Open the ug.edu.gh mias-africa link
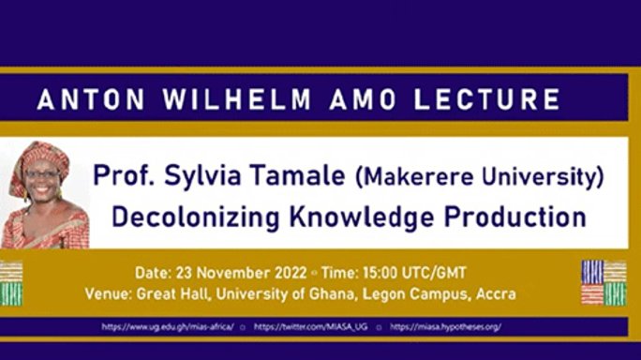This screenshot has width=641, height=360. [x=167, y=327]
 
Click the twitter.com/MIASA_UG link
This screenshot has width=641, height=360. [x=312, y=327]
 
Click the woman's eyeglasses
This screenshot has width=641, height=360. [x=41, y=175]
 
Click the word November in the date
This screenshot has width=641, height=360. [x=241, y=273]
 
